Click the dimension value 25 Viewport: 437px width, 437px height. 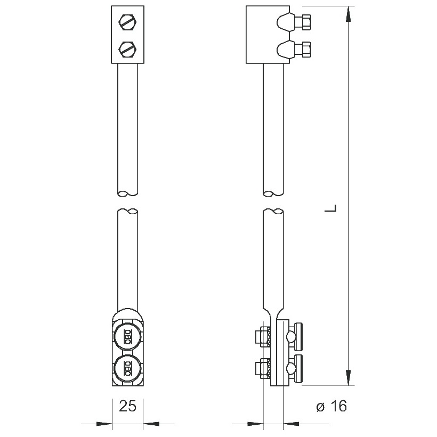[128, 406]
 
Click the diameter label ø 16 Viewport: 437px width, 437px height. [331, 406]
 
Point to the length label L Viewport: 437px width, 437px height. [331, 208]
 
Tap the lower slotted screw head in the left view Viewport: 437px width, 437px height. [128, 50]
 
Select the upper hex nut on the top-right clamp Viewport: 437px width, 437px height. [306, 22]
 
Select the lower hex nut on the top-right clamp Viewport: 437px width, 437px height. [306, 50]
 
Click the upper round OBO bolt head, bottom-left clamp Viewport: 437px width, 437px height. [128, 337]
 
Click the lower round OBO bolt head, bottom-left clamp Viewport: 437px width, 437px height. [128, 368]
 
